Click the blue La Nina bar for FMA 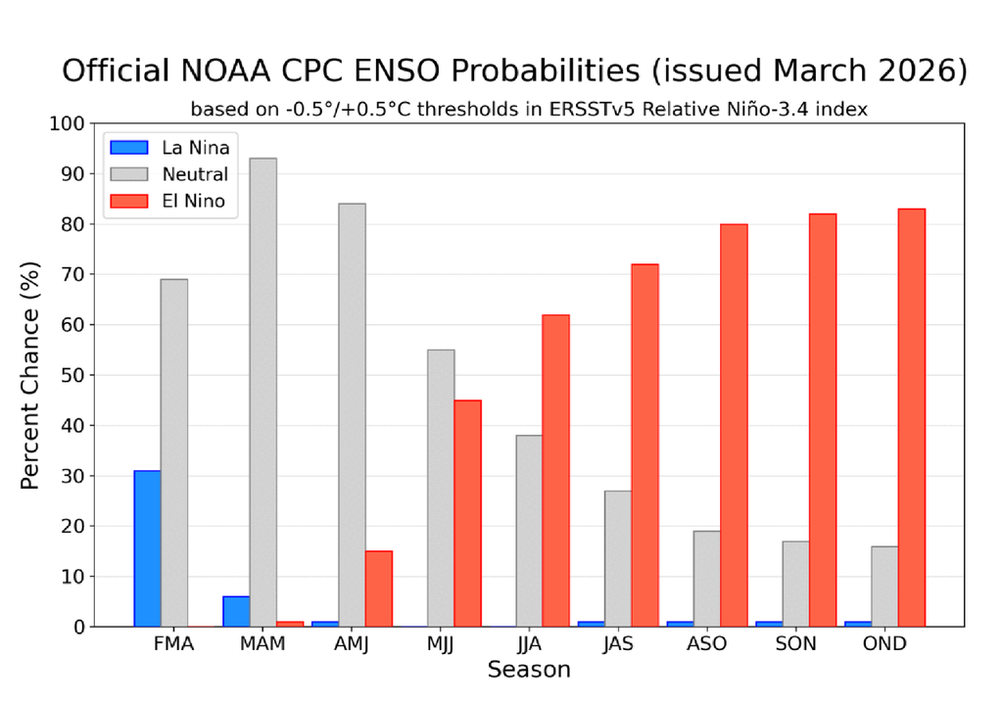147,548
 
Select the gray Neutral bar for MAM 263,392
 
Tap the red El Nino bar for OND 911,417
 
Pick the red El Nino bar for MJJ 467,513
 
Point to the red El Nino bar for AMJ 378,588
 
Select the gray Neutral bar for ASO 706,579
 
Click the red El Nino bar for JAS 645,446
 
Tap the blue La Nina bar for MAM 236,611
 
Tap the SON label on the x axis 795,644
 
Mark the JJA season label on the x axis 529,644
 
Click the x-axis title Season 529,671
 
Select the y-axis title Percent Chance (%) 31,375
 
